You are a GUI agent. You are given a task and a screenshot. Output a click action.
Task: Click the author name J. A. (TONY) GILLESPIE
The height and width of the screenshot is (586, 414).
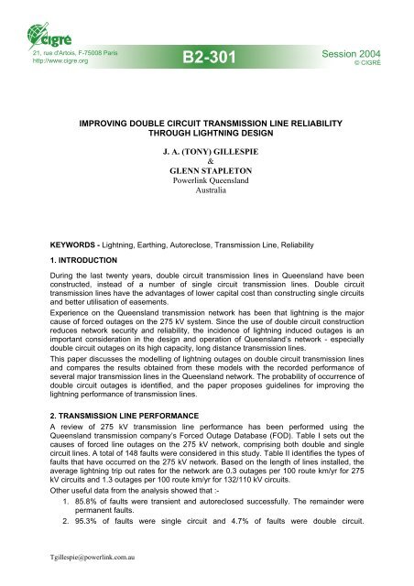pyautogui.click(x=206, y=147)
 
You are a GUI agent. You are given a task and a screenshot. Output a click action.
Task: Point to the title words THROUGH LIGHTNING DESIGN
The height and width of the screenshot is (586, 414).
pyautogui.click(x=206, y=129)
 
